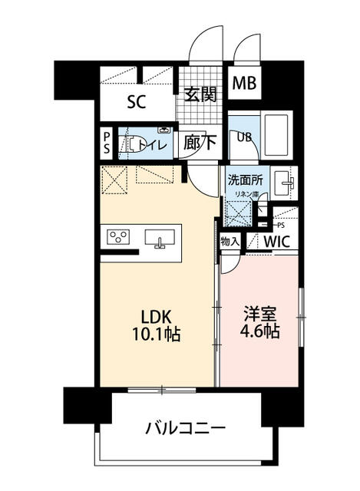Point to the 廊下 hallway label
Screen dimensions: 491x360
(199, 142)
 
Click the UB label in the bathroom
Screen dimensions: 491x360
(244, 137)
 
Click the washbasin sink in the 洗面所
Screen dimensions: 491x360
(286, 183)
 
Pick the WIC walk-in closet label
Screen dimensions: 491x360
(277, 242)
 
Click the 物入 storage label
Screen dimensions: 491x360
(231, 241)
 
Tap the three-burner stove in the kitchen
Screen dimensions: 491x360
(120, 237)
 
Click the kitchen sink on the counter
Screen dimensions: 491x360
(160, 241)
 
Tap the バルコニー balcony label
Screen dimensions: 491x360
(185, 427)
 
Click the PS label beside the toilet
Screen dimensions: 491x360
(106, 143)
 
